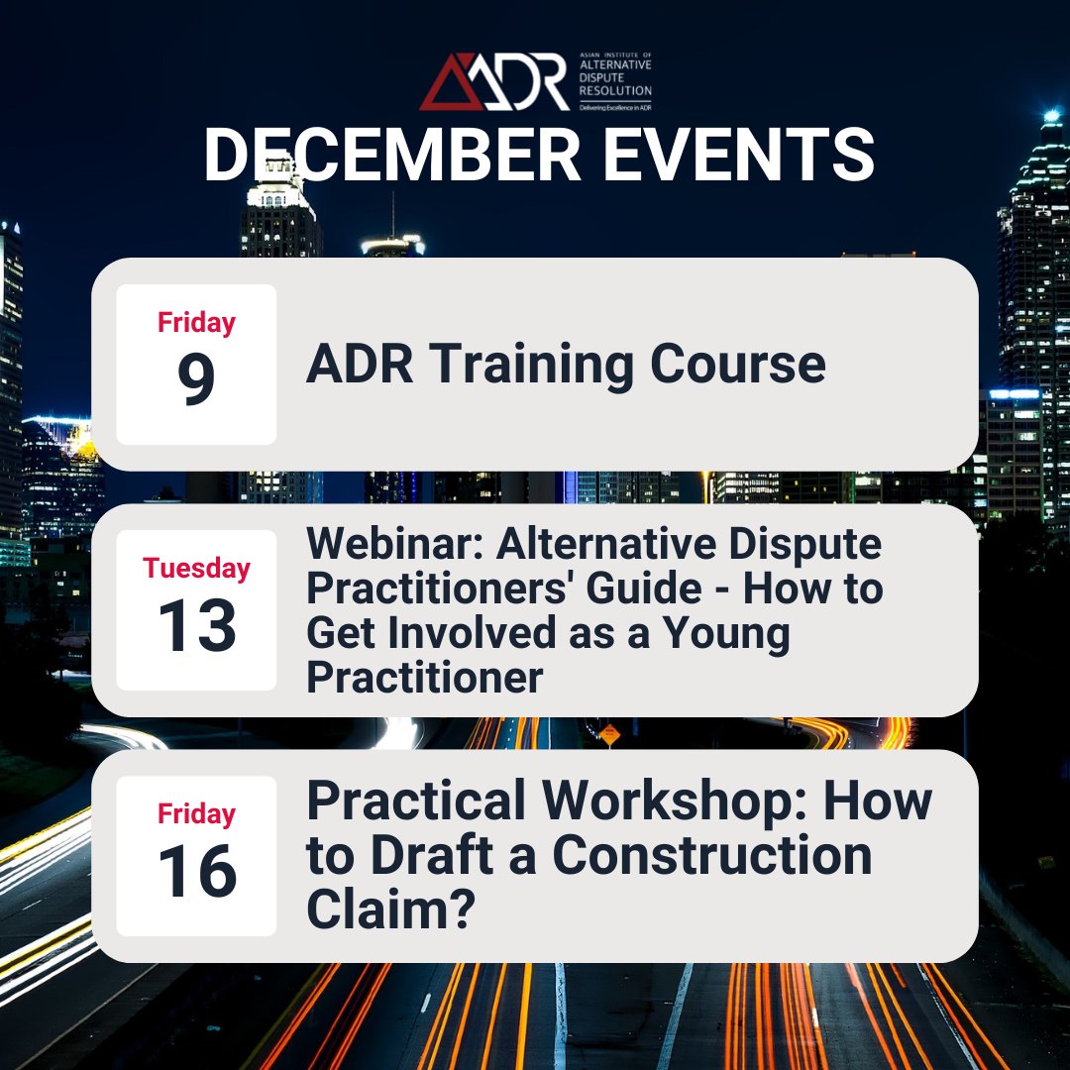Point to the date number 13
(196, 626)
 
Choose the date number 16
(196, 872)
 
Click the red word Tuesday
(196, 569)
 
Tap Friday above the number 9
(196, 323)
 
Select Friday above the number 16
(196, 814)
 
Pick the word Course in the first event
(738, 365)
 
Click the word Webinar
(395, 544)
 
